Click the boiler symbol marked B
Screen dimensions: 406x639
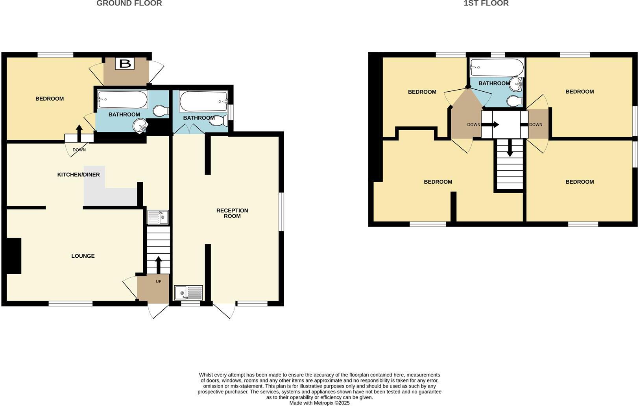[x=125, y=63]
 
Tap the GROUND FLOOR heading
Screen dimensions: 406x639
[x=129, y=4]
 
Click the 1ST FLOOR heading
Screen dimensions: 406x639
[x=486, y=4]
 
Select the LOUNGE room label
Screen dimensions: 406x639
[x=83, y=256]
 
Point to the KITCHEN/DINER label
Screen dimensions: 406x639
[x=79, y=175]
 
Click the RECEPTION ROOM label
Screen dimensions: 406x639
[x=232, y=213]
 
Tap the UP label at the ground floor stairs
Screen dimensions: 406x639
[x=159, y=281]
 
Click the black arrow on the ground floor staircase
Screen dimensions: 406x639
[x=159, y=265]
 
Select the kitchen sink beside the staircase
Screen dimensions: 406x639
[x=158, y=217]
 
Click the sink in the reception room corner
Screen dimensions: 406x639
[x=188, y=293]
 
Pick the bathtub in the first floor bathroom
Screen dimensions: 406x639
[x=497, y=68]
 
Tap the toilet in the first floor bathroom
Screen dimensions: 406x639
[x=514, y=101]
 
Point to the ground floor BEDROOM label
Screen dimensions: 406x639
[x=50, y=99]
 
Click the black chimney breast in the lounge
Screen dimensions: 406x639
[x=13, y=256]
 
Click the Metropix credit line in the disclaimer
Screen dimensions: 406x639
[x=319, y=403]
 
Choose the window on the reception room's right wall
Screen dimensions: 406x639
[x=281, y=212]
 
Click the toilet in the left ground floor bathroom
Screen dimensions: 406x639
[x=161, y=111]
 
